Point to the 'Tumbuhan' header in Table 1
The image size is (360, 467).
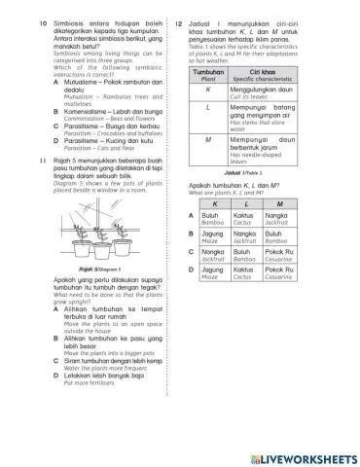208,74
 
